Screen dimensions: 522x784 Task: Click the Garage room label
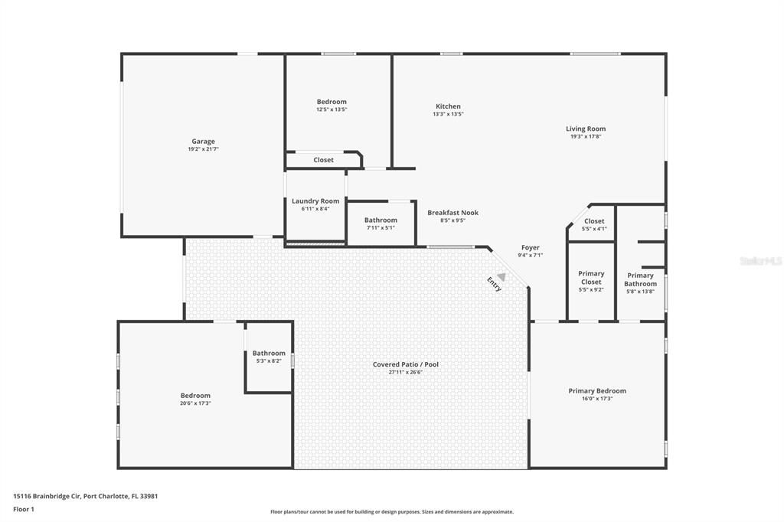coord(203,141)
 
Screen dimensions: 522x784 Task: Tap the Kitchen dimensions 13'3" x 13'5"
coord(448,114)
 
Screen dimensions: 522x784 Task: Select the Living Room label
coord(586,129)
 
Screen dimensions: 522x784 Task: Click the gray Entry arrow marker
coord(501,276)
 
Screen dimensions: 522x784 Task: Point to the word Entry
coord(495,284)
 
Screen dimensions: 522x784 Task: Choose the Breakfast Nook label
coord(452,213)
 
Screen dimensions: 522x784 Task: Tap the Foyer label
coord(531,247)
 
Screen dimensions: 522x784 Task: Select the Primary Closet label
coord(591,277)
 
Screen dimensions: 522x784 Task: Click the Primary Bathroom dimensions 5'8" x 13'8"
coord(640,292)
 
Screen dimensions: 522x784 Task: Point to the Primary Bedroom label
coord(597,390)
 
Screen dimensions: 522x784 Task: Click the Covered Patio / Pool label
coord(405,364)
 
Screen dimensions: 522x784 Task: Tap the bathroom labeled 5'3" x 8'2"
coord(269,357)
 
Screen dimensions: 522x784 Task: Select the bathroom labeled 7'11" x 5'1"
coord(381,223)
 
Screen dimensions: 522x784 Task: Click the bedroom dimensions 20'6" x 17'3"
coord(195,403)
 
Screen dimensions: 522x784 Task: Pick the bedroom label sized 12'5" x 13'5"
coord(332,102)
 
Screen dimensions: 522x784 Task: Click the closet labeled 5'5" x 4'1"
coord(594,224)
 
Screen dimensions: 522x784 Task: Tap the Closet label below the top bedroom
coord(323,160)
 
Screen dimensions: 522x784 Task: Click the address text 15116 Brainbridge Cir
coord(46,496)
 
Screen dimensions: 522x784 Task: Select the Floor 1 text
coord(24,509)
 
